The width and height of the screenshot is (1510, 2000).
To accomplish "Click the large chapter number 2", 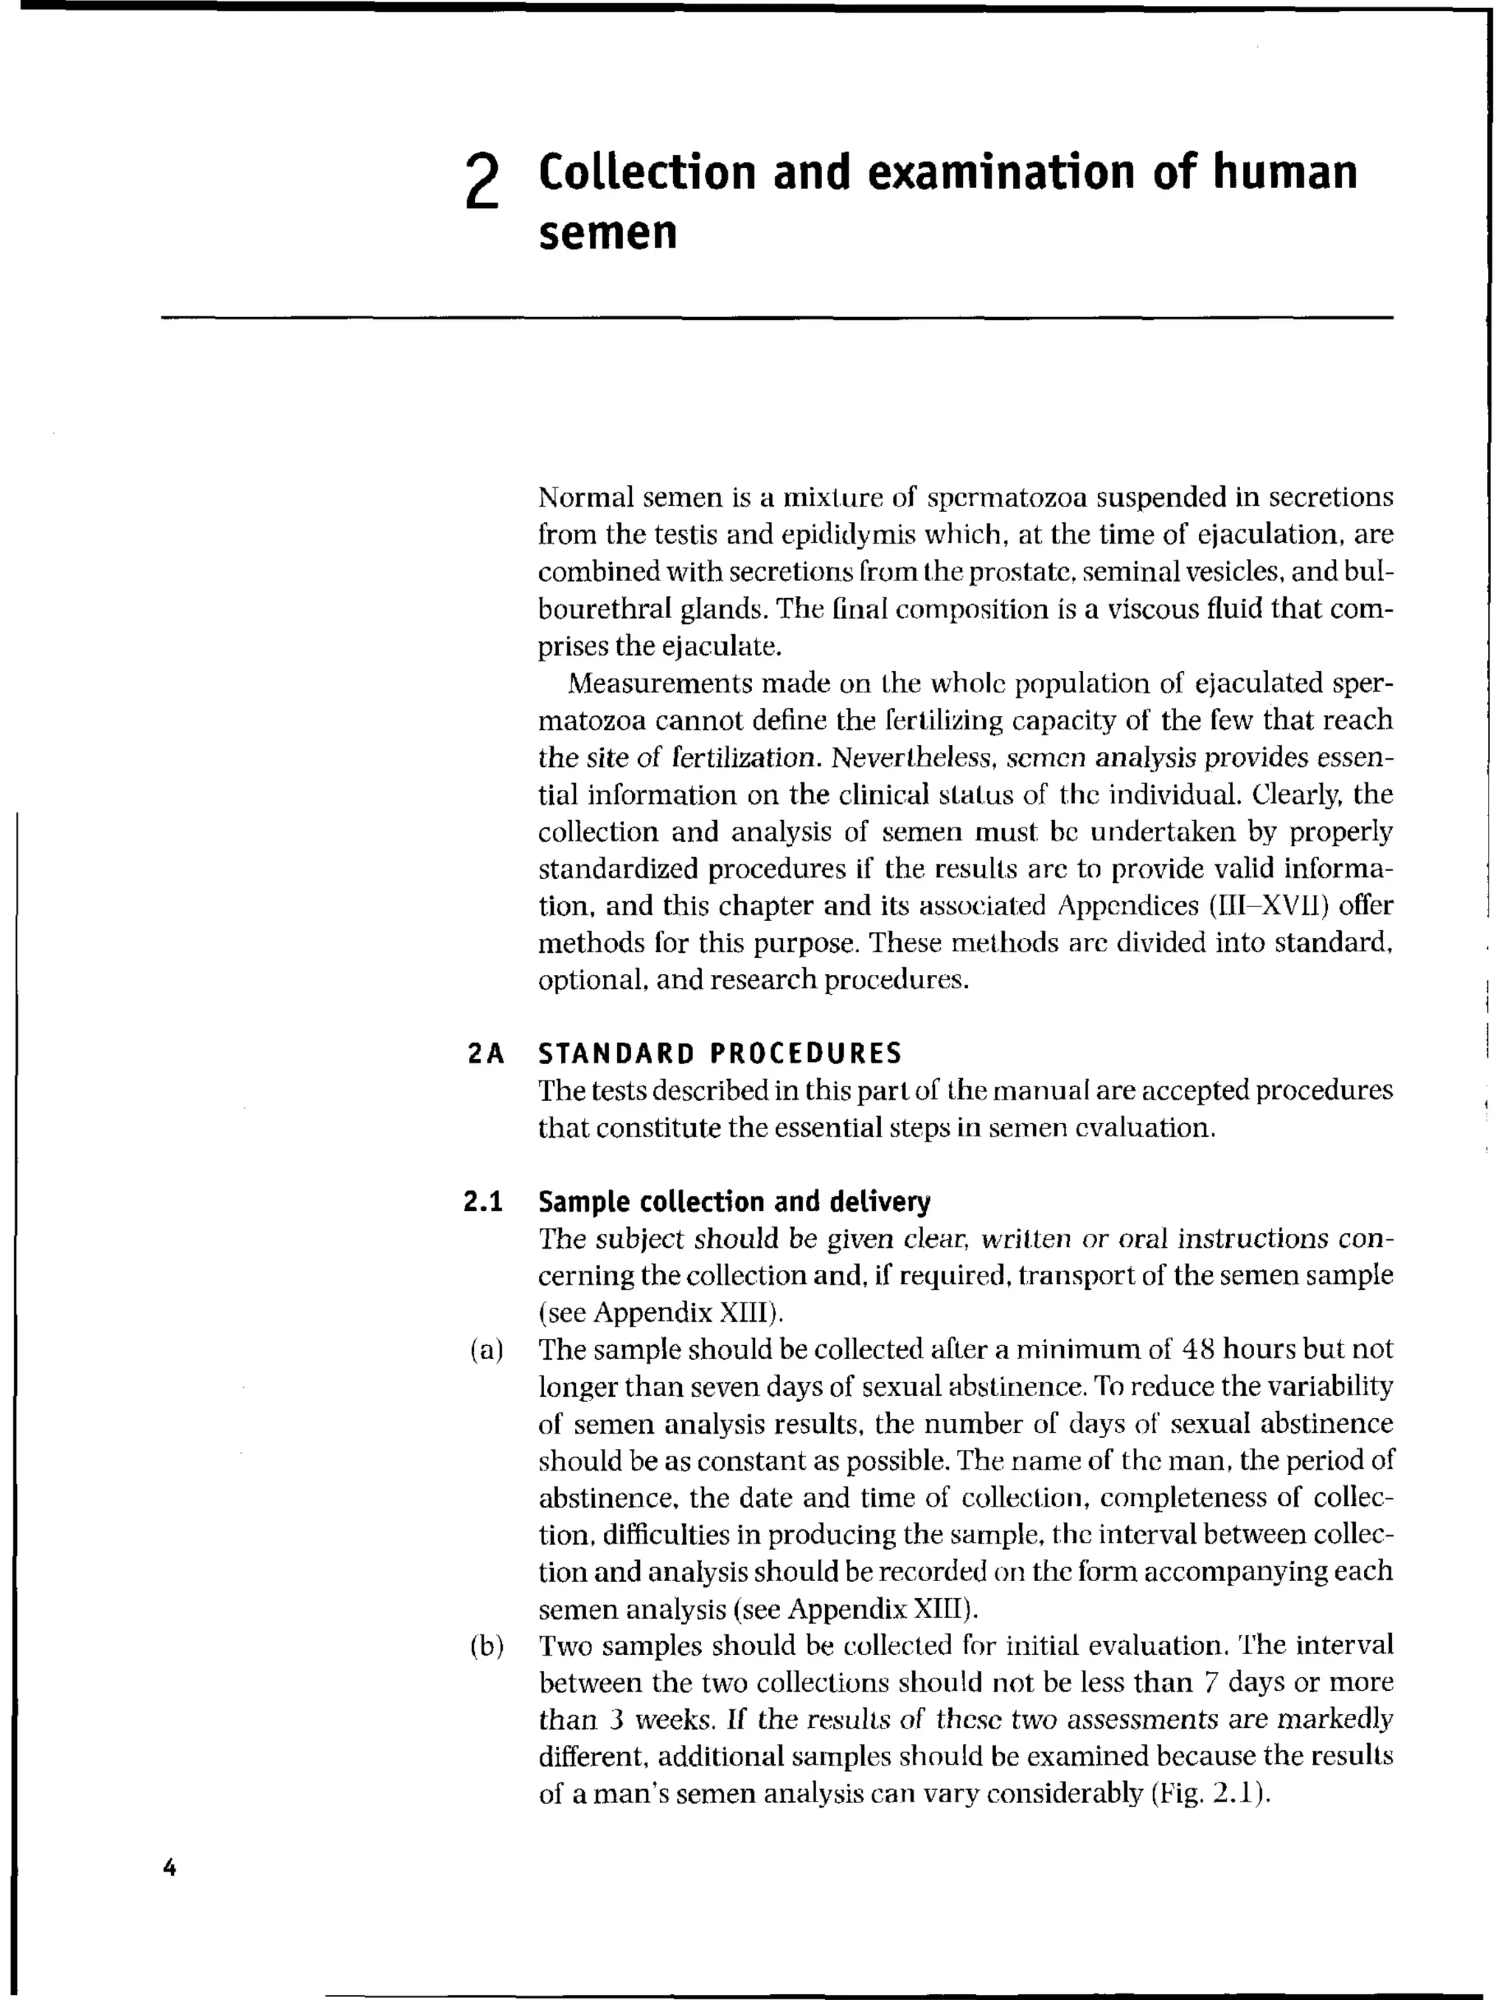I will [x=483, y=181].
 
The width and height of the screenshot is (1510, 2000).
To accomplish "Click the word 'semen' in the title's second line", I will [x=608, y=233].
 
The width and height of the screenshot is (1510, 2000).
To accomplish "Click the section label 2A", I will [x=486, y=1053].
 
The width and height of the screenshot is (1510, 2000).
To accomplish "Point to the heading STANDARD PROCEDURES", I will [x=720, y=1053].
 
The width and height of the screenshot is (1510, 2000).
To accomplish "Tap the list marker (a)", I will [x=486, y=1350].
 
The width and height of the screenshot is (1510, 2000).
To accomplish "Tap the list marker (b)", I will [x=486, y=1645].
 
